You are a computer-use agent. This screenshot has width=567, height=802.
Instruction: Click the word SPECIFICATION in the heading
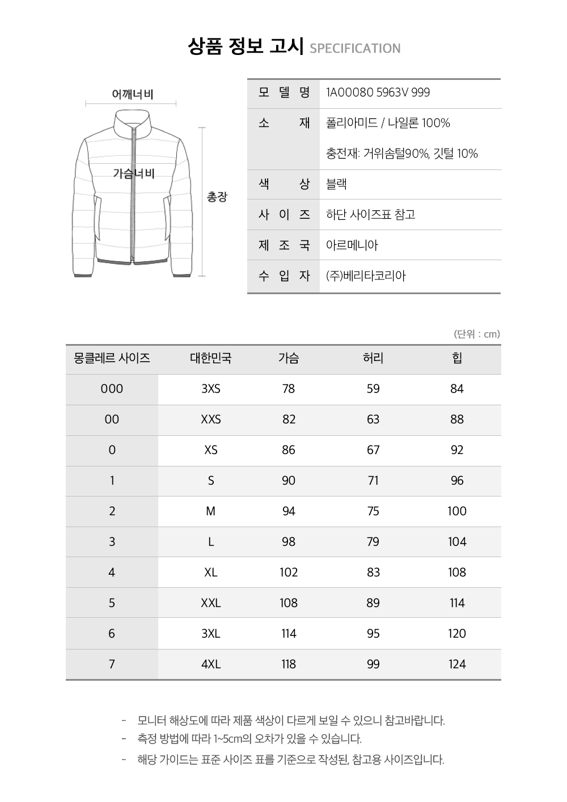click(x=356, y=49)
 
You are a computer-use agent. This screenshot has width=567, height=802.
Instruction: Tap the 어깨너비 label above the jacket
click(x=133, y=94)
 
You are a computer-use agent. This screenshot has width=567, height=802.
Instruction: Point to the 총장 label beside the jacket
click(x=217, y=197)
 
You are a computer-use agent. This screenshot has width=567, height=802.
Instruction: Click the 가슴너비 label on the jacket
click(x=133, y=173)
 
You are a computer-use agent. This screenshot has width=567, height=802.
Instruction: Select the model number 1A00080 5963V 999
click(x=378, y=92)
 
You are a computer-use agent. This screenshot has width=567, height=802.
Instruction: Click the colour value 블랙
click(x=337, y=184)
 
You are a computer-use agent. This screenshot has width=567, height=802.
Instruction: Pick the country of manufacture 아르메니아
click(x=352, y=245)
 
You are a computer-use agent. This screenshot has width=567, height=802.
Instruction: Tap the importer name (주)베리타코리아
click(x=366, y=276)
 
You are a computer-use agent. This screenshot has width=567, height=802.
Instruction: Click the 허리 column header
click(x=373, y=358)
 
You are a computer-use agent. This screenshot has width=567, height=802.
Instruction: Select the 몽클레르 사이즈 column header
click(x=112, y=358)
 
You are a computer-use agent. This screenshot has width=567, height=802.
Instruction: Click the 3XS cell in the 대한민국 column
click(x=211, y=389)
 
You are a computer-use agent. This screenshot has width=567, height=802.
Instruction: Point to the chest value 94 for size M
click(x=289, y=511)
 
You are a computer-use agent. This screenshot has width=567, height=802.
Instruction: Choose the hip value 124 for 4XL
click(x=457, y=664)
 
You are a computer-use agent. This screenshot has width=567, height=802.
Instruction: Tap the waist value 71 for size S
click(x=373, y=481)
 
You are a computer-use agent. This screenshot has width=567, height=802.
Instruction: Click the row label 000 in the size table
click(x=112, y=389)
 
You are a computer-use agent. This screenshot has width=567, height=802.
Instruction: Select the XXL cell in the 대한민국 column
click(x=211, y=603)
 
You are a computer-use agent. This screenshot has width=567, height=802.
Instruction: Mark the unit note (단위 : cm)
click(x=477, y=334)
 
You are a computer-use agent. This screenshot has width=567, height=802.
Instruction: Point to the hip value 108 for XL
click(x=457, y=572)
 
